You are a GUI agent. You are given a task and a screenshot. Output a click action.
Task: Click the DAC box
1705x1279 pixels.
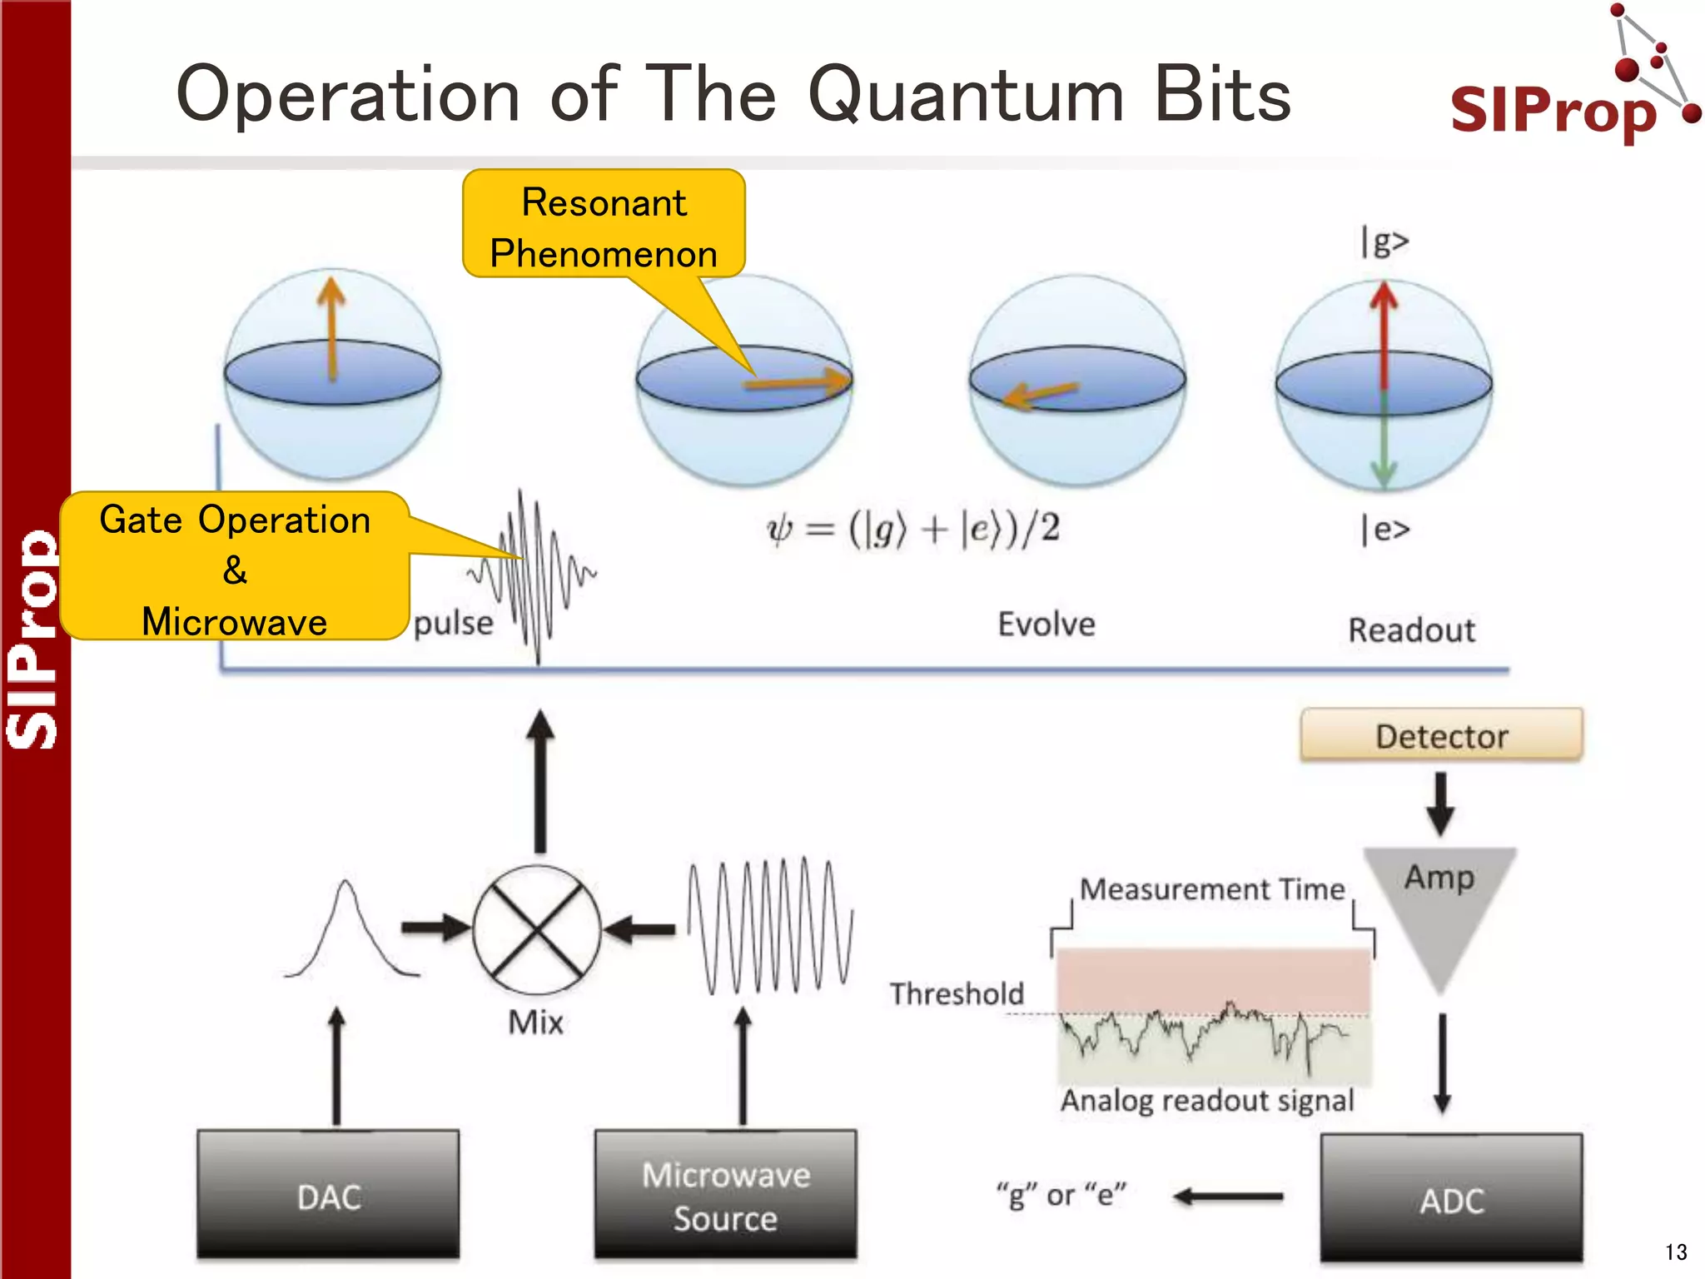(328, 1194)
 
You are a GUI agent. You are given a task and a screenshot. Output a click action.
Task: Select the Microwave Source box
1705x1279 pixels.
(725, 1194)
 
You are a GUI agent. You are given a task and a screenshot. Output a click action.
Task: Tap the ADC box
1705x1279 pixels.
(1451, 1199)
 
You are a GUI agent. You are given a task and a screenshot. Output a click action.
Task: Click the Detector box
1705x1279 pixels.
(1441, 735)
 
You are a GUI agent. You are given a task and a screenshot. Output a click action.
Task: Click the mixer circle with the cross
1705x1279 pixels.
(537, 929)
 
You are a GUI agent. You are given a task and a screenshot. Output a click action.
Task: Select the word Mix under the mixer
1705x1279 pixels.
(535, 1022)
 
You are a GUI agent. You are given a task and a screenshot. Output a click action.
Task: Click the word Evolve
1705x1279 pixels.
(1046, 624)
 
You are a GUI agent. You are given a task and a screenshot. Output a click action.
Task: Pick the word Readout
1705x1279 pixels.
(1411, 630)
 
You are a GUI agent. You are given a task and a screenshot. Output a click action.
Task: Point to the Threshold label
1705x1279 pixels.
(957, 993)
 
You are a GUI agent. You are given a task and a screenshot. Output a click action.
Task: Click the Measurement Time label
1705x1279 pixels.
(1211, 889)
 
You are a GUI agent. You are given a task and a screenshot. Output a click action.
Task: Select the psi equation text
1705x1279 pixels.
(913, 529)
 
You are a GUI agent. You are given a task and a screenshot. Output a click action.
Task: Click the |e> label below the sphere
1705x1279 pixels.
(1384, 529)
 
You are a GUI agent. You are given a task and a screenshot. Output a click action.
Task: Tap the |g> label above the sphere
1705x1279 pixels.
(1384, 241)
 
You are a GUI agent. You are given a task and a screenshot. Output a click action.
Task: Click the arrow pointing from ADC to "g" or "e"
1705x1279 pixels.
(1229, 1197)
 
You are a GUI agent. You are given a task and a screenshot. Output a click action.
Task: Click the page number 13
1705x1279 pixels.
(1675, 1252)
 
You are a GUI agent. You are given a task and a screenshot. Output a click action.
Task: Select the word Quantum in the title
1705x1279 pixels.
(966, 94)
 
